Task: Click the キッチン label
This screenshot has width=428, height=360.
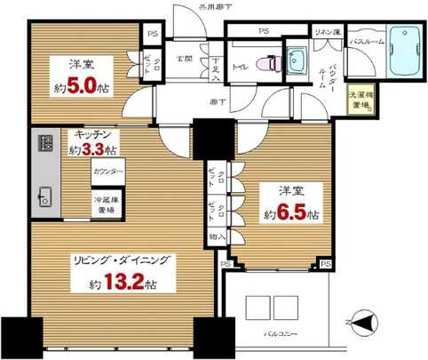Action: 92,135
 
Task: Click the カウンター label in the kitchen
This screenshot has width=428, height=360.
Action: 107,170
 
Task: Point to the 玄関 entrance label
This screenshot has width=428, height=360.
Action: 184,59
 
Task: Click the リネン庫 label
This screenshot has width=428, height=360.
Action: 325,31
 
